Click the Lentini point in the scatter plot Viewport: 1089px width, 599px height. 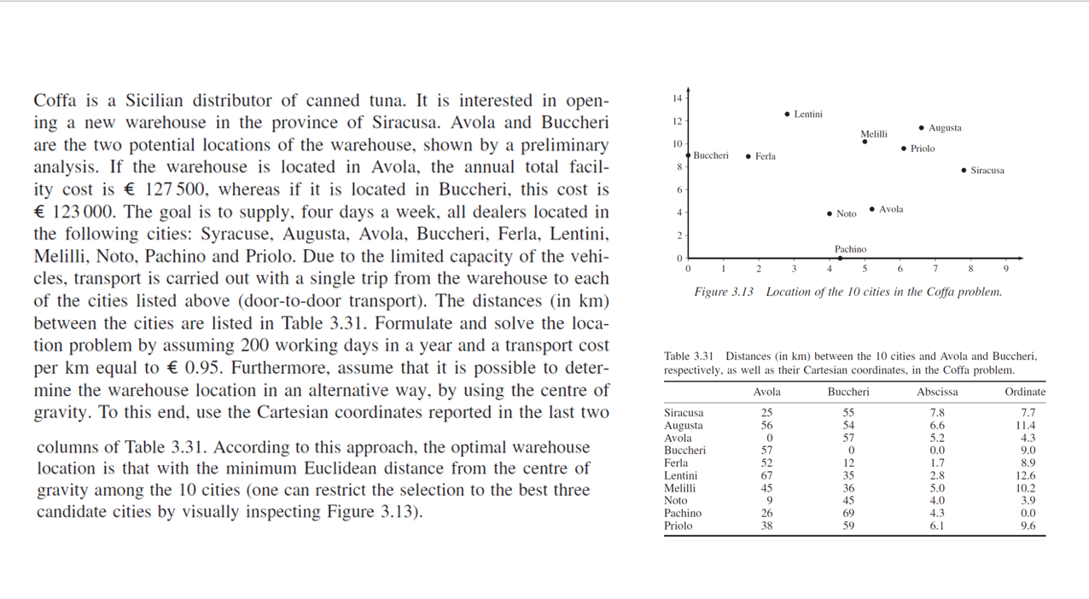[x=787, y=113]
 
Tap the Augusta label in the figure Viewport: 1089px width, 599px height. [x=945, y=128]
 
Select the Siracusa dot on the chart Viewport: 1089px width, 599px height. [x=964, y=171]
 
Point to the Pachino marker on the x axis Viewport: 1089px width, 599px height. [x=840, y=258]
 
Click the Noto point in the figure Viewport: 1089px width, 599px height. [x=830, y=214]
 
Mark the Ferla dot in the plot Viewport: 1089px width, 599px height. [x=748, y=156]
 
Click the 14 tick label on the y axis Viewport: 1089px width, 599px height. [x=678, y=98]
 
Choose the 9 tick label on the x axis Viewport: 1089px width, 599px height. [x=1006, y=269]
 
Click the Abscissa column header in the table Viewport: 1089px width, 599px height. [x=937, y=392]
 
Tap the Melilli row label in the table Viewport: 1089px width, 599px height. [x=679, y=488]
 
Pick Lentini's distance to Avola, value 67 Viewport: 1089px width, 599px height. [x=767, y=475]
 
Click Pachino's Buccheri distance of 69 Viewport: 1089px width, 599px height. [x=848, y=513]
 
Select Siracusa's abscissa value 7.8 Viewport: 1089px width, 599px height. [x=936, y=412]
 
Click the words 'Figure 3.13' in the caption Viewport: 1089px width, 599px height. [x=724, y=292]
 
